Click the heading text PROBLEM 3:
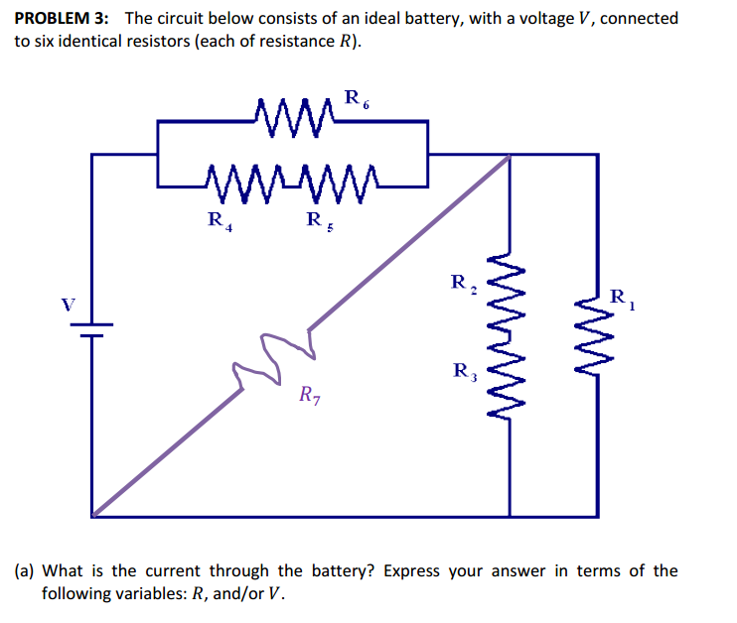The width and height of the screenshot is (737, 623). tap(62, 18)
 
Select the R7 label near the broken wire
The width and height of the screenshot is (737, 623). tap(310, 397)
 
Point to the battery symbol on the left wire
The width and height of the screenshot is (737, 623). tap(92, 329)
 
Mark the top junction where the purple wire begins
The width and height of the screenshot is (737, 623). tap(510, 155)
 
